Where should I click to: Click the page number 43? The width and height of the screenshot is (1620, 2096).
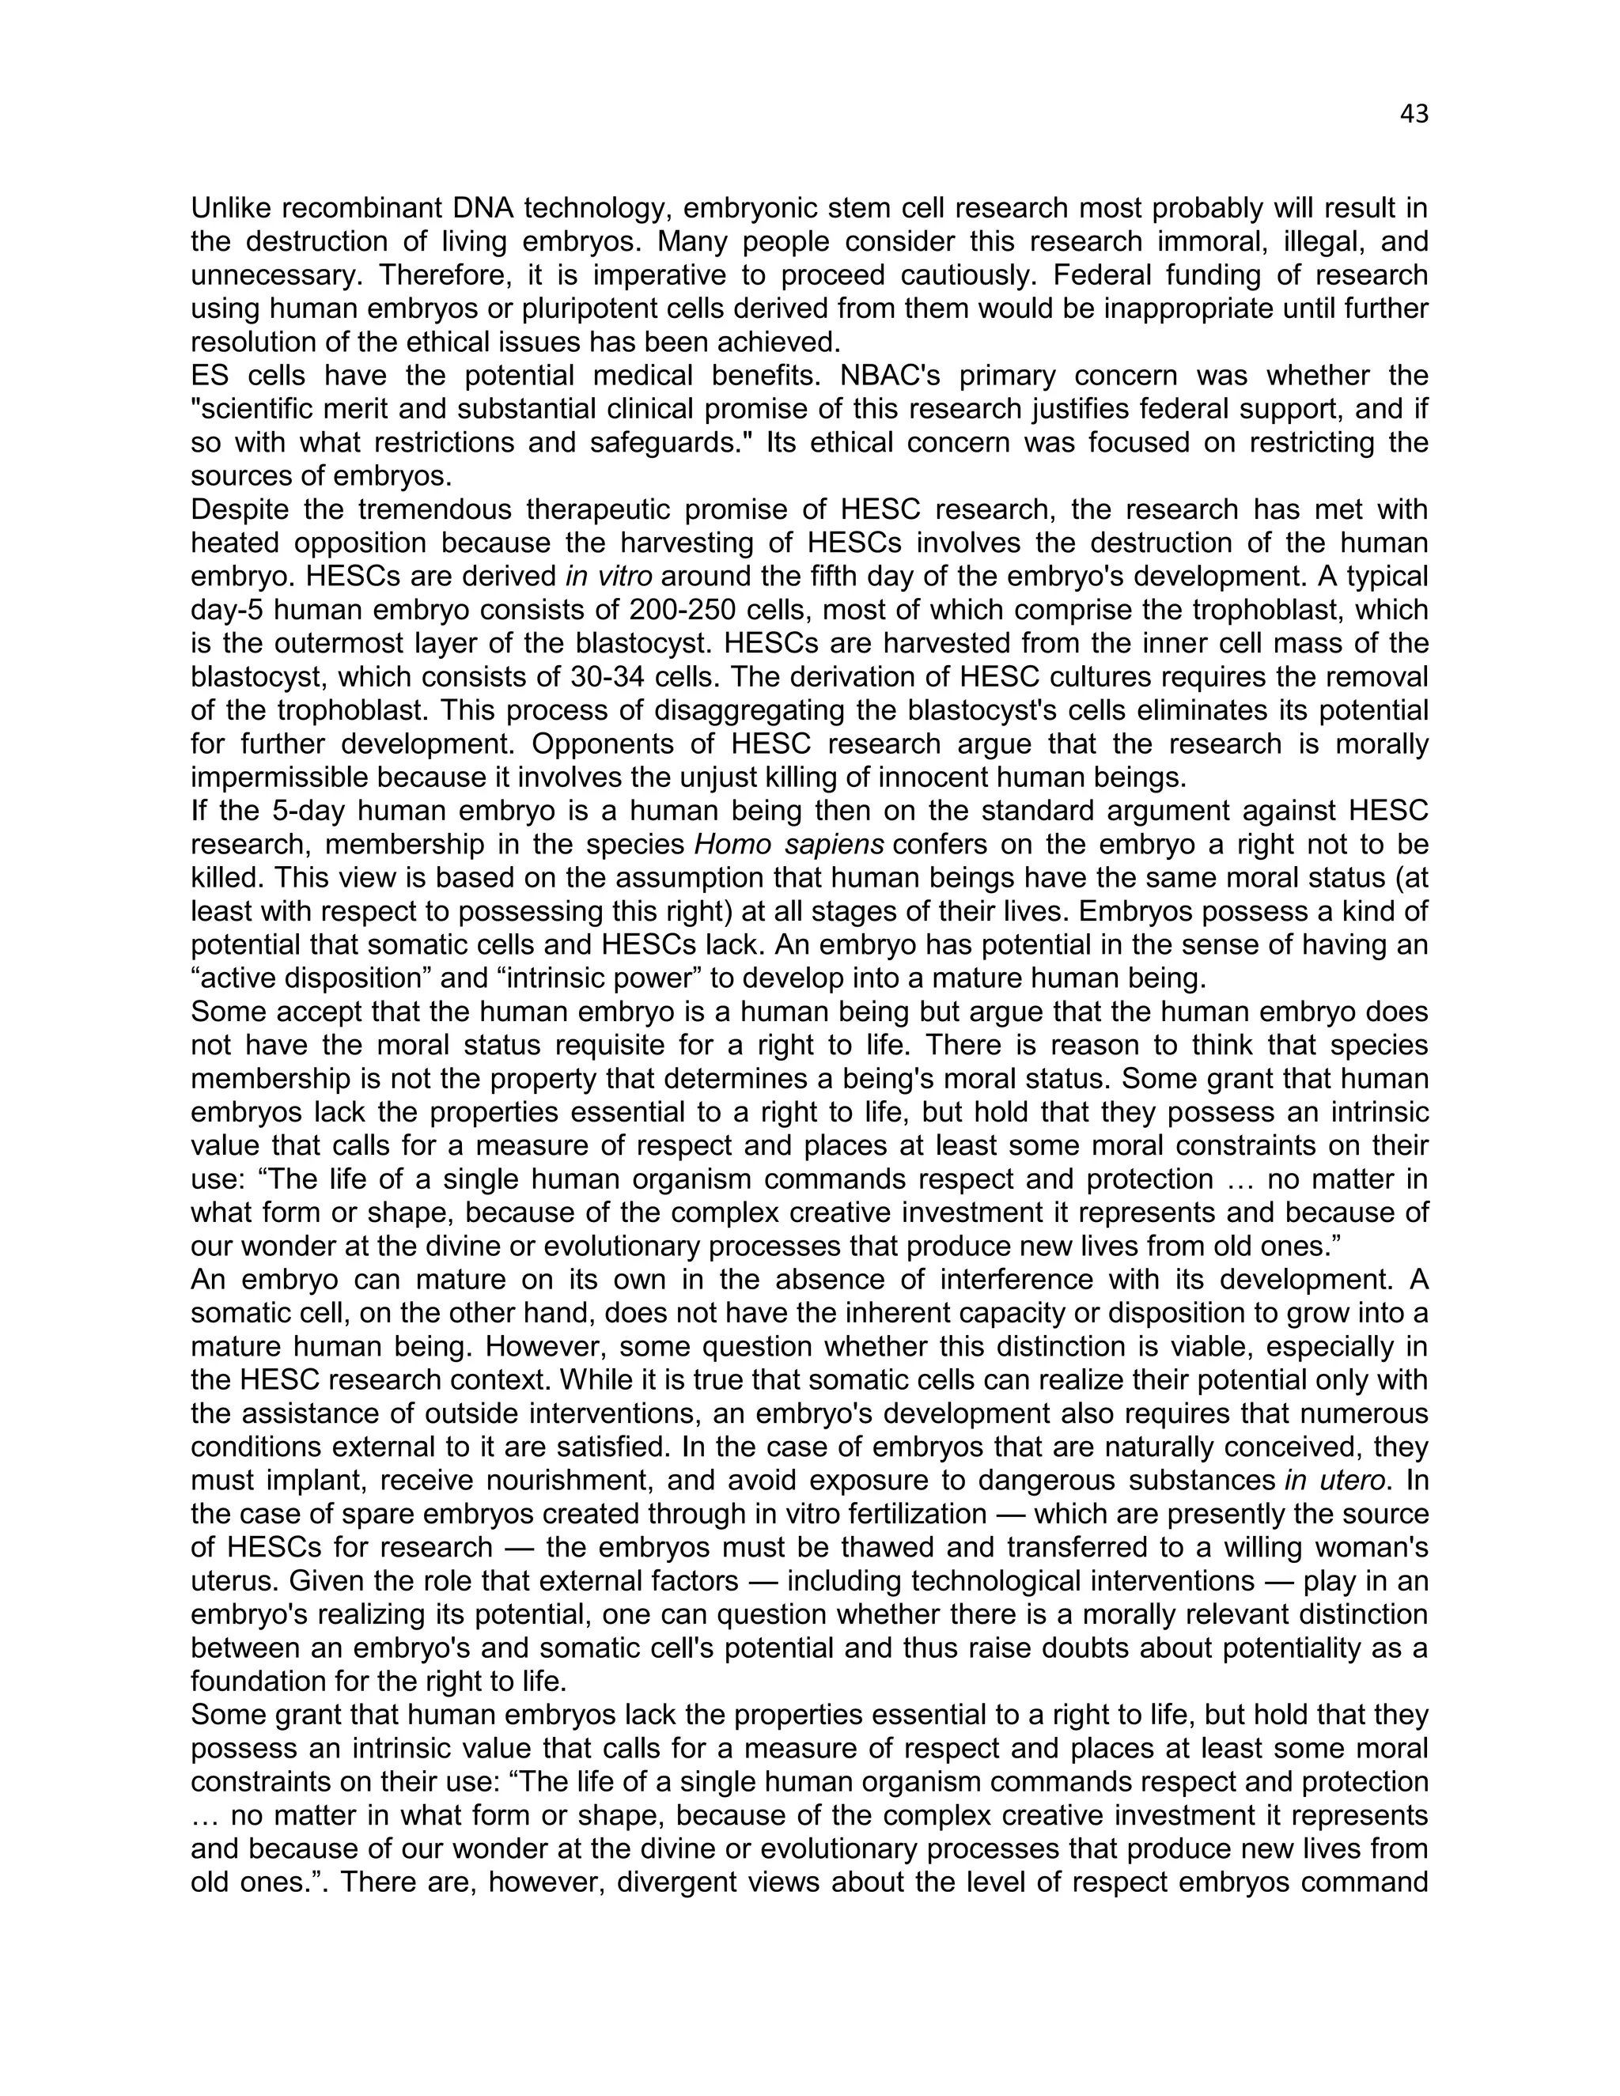[1414, 114]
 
